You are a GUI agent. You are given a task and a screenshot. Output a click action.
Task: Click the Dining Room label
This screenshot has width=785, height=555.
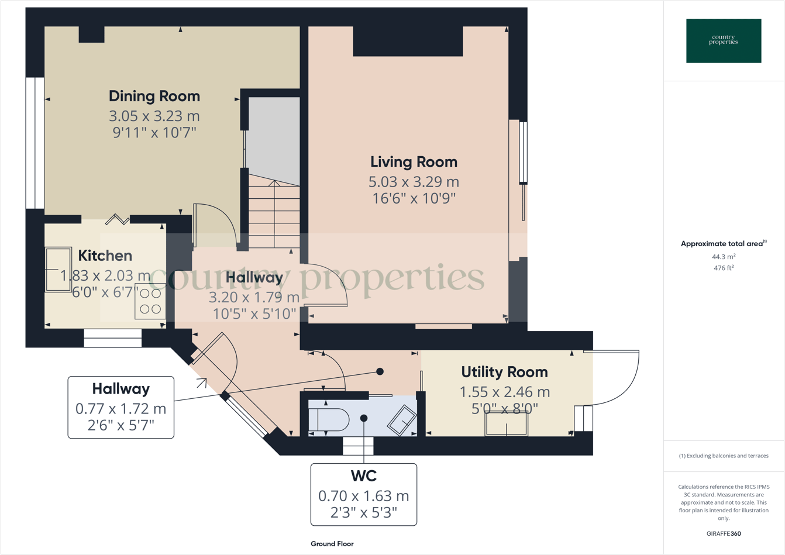tap(154, 96)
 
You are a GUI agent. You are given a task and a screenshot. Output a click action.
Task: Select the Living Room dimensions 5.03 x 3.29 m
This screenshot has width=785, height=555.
tap(414, 182)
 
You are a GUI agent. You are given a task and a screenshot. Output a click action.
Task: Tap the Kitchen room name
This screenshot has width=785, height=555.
tap(105, 256)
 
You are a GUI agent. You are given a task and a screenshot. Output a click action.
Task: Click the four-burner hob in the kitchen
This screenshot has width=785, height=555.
tap(150, 301)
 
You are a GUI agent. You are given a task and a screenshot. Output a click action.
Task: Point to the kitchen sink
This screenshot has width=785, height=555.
tap(58, 270)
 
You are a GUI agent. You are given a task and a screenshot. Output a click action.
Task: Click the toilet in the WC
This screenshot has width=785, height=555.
tap(329, 419)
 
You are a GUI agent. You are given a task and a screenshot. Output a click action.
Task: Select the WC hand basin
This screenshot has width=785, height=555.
tap(402, 419)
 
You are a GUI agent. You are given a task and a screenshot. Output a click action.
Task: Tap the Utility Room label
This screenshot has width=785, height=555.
tap(504, 372)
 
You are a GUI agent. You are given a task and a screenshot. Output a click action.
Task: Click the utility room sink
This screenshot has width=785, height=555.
tap(506, 423)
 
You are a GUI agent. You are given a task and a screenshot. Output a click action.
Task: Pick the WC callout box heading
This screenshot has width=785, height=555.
tap(363, 475)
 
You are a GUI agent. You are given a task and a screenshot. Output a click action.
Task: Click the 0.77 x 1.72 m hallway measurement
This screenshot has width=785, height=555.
tap(120, 409)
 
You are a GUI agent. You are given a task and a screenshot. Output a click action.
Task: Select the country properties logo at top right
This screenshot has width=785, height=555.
tap(724, 40)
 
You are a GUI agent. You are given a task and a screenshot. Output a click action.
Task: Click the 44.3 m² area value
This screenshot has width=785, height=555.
tap(724, 257)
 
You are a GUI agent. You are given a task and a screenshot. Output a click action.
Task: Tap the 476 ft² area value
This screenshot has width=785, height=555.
tap(724, 268)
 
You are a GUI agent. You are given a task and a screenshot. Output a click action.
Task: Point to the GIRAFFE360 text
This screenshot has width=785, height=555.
tap(724, 533)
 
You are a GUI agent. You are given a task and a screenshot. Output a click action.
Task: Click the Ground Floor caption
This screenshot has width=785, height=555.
tap(332, 544)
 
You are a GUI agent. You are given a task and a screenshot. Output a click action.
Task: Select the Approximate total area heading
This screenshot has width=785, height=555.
tap(723, 244)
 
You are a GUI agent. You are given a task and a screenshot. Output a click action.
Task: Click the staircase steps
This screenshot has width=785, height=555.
tap(274, 214)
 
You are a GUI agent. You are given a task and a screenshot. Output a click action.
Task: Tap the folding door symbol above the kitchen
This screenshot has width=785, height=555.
tap(118, 220)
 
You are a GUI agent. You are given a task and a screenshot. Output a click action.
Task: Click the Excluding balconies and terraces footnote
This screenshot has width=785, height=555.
tap(724, 456)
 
